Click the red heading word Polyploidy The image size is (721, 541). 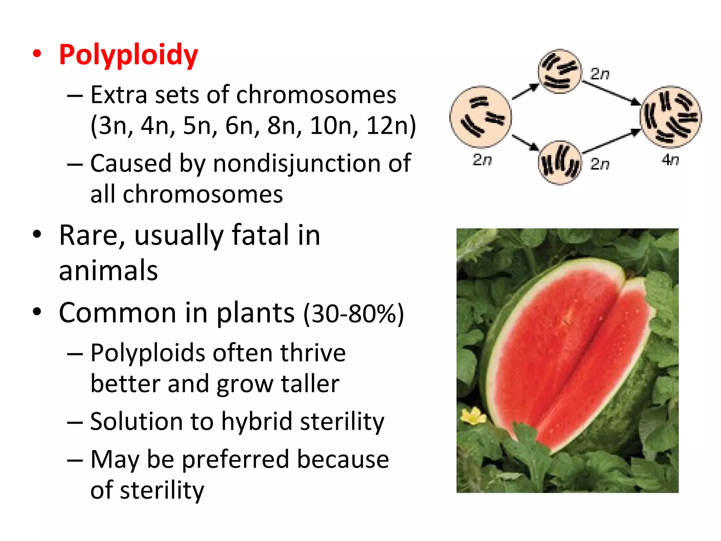[128, 55]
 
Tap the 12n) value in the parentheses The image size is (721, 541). [391, 126]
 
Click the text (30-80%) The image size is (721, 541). [353, 313]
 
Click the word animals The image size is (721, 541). [108, 270]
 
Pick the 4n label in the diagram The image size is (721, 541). [670, 160]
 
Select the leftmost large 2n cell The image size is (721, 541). [481, 117]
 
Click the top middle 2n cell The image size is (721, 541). [559, 71]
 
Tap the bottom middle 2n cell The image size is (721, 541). [559, 163]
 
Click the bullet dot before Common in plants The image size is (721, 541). [37, 312]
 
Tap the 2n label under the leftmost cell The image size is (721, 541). [482, 160]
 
